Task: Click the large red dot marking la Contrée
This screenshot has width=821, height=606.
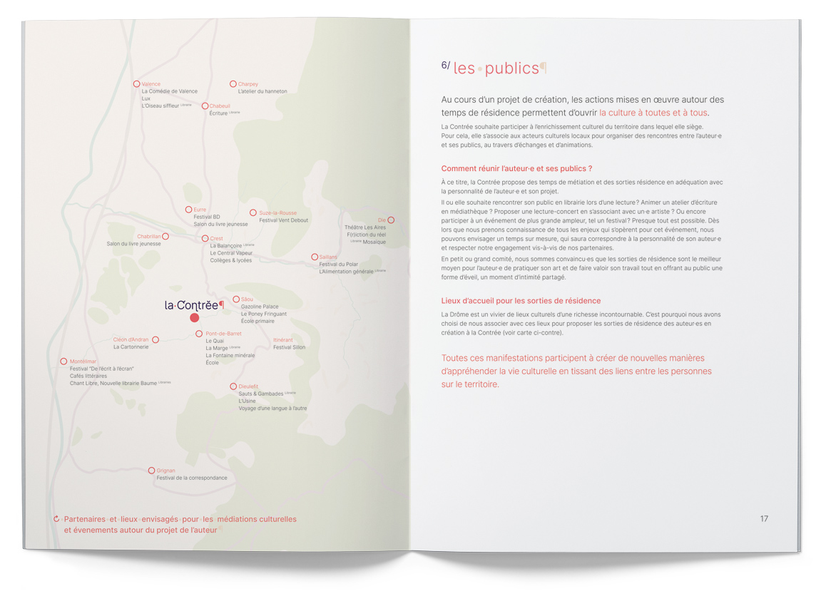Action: (x=194, y=318)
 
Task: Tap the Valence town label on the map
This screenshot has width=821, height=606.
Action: (x=151, y=84)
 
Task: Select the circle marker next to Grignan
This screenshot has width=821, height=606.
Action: (x=151, y=471)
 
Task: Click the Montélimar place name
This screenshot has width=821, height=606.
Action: (x=83, y=361)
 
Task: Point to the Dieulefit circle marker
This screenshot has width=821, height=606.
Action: (x=233, y=386)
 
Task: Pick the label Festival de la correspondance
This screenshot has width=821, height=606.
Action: (x=192, y=478)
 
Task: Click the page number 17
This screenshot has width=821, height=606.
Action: (x=764, y=518)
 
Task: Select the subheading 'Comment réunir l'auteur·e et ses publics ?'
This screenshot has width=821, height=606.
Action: (x=517, y=169)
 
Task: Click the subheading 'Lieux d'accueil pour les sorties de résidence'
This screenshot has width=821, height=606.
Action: (x=521, y=301)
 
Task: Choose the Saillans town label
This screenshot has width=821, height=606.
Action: (x=328, y=257)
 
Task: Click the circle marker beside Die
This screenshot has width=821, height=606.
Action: (x=391, y=220)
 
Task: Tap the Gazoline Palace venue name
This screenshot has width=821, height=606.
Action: (x=260, y=307)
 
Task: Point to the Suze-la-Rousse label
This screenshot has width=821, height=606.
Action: (x=277, y=212)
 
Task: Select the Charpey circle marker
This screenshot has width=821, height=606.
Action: (x=233, y=84)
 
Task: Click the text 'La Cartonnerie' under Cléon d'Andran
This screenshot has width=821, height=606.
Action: (x=131, y=347)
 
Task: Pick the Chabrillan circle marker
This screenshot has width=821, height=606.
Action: (x=165, y=236)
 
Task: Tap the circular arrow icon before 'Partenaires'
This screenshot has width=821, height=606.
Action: (x=56, y=519)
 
